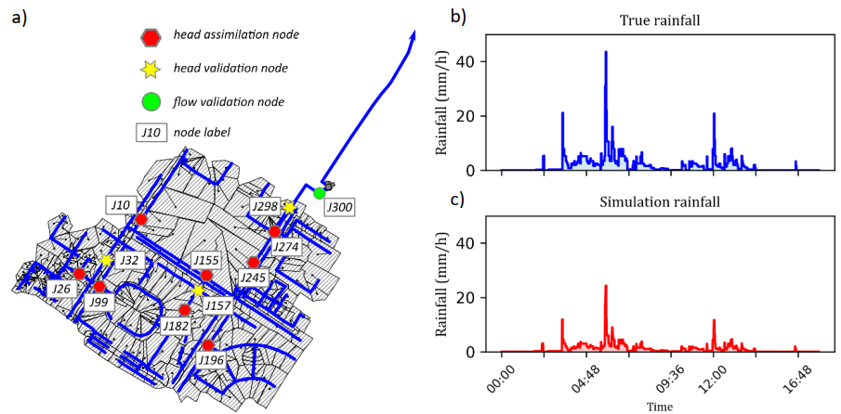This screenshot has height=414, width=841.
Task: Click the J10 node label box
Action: (120, 204)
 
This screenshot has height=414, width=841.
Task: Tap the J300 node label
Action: (338, 207)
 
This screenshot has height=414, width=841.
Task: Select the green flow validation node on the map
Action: (320, 193)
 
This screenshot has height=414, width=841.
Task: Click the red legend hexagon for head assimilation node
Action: (151, 36)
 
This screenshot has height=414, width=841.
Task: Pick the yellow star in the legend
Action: (151, 69)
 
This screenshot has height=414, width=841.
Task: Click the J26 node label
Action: (62, 290)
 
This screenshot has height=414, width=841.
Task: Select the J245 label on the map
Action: (253, 277)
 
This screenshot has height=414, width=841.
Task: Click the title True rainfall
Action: (660, 19)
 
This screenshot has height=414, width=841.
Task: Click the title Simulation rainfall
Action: (660, 201)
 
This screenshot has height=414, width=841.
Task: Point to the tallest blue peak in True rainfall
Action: (606, 53)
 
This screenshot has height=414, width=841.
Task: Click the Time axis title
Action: (660, 407)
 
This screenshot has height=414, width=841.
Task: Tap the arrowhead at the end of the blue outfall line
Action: (412, 32)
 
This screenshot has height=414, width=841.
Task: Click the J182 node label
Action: (176, 326)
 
